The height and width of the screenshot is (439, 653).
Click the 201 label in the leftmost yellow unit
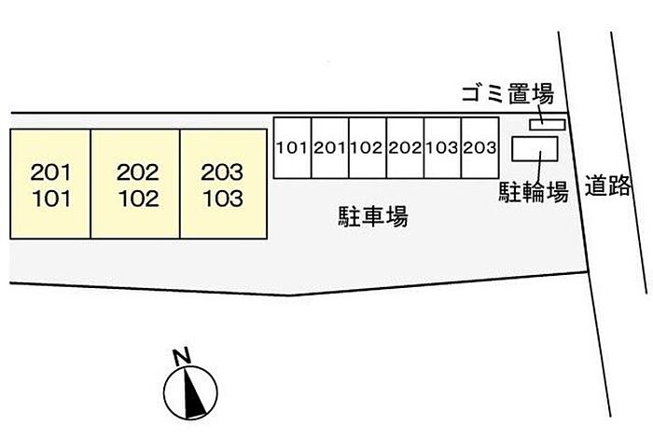[x=50, y=171]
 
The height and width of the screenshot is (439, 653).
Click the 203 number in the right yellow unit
[x=222, y=171]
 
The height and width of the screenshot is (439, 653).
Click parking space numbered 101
[x=292, y=147]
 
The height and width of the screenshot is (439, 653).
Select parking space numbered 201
[x=329, y=147]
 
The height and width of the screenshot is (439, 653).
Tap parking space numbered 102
[x=368, y=147]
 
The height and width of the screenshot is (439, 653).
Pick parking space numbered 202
[x=405, y=147]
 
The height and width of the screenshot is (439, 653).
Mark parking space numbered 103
[x=442, y=147]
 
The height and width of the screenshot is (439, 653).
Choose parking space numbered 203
[x=479, y=147]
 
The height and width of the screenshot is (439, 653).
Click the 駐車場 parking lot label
[x=372, y=217]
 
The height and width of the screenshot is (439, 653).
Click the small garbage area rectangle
[x=548, y=123]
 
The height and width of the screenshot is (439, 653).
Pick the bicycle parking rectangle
[x=537, y=149]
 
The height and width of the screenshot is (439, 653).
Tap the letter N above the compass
[x=181, y=355]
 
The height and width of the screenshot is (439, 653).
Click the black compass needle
[x=194, y=392]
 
